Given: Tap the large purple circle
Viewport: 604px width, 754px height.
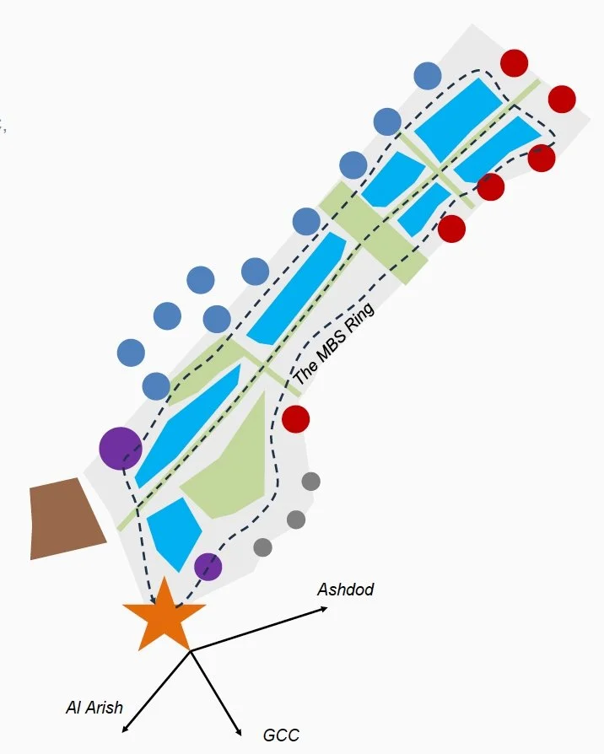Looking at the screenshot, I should coord(121,448).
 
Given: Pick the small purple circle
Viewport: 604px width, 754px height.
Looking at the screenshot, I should coord(208,567).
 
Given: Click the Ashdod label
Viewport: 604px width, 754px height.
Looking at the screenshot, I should coord(345,590).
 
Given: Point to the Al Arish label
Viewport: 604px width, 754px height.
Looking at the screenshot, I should coord(94,707).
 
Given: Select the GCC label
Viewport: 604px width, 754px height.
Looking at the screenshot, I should coord(281,735).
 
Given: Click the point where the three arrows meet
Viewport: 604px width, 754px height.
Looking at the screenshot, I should coord(191,651).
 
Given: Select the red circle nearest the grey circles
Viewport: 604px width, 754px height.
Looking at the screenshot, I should coord(295,418).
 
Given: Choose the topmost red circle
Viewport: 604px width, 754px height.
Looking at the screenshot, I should coord(514,63).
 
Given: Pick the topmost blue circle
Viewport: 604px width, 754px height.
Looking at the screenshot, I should coord(428,76).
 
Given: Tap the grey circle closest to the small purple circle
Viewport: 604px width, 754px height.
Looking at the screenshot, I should coord(262,547).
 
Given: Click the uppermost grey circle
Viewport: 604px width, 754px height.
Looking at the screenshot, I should coord(310,482).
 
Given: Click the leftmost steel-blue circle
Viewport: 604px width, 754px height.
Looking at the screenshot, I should coord(131,353).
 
